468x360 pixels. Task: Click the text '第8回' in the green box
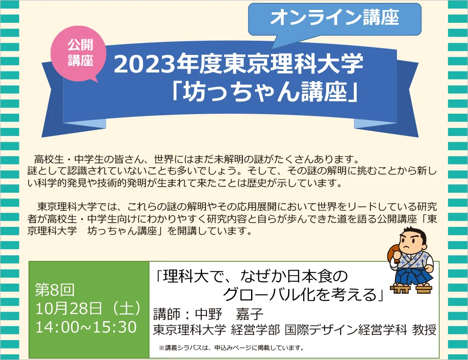[54, 289]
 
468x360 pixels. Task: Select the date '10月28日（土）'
[88, 308]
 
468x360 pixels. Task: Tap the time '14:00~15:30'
[86, 327]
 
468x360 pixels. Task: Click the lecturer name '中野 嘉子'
[229, 314]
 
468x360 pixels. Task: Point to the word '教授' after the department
[424, 330]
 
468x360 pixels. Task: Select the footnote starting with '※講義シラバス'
[232, 348]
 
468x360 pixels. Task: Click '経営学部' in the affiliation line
[255, 330]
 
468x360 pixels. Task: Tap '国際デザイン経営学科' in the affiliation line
[346, 330]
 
